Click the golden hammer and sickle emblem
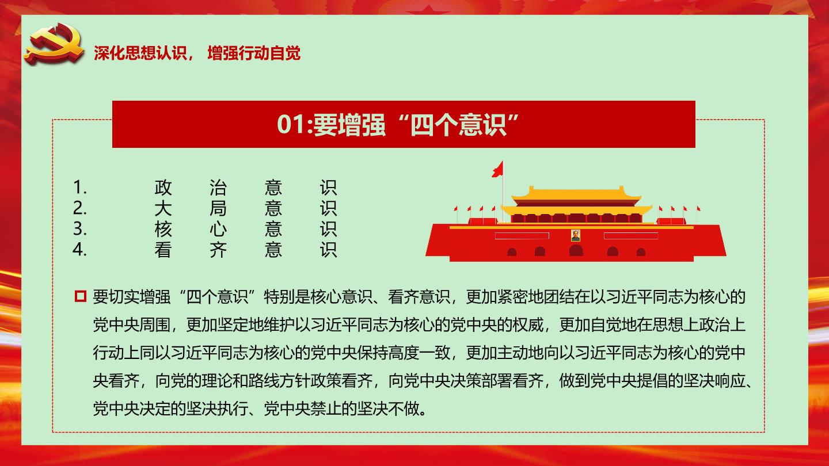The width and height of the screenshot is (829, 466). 54,44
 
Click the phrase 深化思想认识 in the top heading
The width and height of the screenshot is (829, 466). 140,53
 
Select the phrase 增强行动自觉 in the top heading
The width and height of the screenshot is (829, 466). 254,53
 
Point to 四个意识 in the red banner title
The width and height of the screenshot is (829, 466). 458,125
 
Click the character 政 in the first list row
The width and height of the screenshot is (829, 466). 163,188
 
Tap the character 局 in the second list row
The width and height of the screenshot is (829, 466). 218,208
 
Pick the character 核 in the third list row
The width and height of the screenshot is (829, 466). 163,229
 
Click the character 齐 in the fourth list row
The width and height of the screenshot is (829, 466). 218,250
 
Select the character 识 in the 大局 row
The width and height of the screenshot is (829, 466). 328,208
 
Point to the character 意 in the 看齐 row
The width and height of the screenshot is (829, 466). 273,250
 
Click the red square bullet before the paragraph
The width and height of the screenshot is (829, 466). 81,296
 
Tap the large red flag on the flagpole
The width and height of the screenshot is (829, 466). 498,169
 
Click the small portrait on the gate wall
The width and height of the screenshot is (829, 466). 576,236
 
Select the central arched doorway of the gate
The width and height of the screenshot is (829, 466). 576,250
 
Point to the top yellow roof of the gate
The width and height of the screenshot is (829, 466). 576,193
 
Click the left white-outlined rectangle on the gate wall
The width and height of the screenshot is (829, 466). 522,236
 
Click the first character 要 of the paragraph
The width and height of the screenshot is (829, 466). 100,297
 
